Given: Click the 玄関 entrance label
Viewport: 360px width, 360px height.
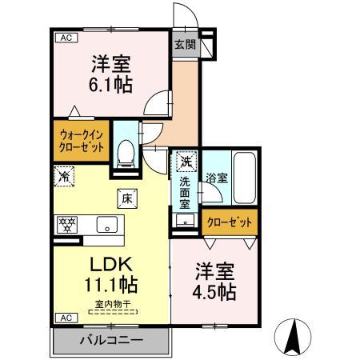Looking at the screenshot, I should [x=183, y=45].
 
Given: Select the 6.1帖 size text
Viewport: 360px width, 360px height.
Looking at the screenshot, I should [x=110, y=83].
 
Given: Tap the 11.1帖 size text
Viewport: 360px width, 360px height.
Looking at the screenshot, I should [x=111, y=283].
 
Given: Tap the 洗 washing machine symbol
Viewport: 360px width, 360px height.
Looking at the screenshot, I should [x=186, y=162].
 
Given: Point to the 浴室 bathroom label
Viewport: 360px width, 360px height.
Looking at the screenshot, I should [x=215, y=177].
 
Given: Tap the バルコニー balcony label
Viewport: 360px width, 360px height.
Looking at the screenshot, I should [x=111, y=341].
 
